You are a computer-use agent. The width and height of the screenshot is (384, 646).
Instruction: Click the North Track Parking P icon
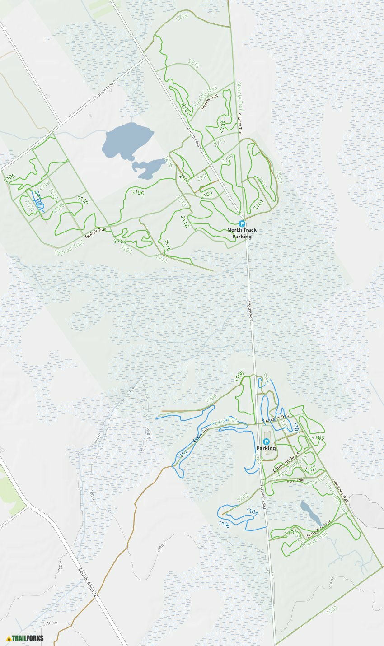click(242, 223)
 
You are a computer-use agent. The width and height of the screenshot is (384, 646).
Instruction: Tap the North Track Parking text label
click(242, 233)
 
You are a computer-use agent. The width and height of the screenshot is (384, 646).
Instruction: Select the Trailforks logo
click(25, 638)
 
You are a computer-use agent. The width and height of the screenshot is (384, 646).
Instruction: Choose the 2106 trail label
click(138, 193)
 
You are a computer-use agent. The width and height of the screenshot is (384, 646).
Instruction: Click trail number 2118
click(184, 221)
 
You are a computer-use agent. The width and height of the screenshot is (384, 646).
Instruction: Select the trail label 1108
click(239, 376)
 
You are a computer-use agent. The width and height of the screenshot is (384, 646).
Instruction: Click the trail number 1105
click(318, 438)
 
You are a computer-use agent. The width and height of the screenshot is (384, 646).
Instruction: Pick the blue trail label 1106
click(224, 524)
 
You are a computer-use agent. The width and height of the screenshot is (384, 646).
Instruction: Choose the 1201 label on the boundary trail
click(332, 609)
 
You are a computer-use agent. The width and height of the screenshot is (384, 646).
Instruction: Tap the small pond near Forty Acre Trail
click(310, 511)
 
